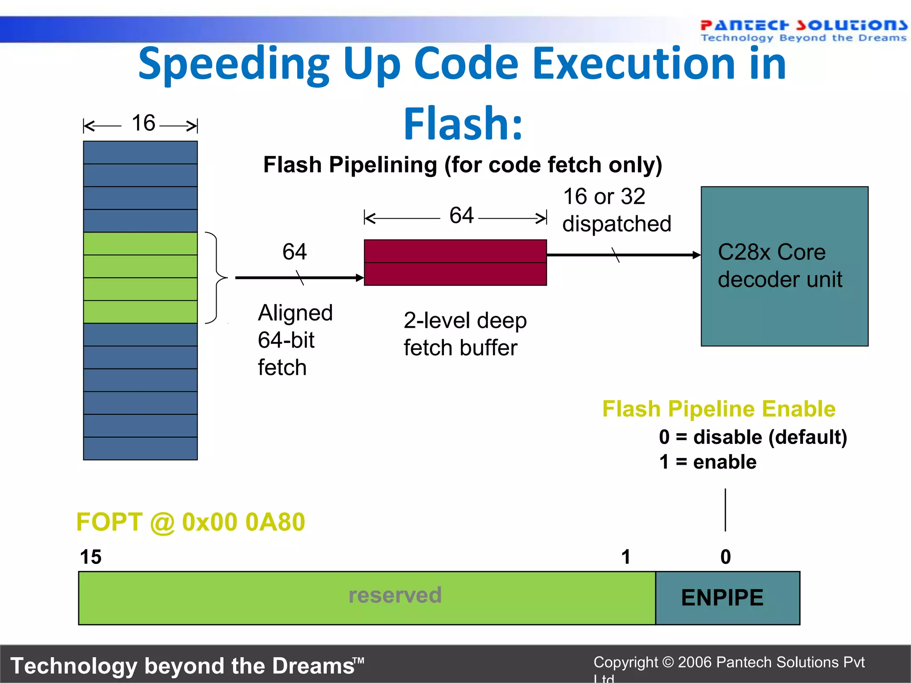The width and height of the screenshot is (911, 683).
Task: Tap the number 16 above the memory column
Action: point(143,123)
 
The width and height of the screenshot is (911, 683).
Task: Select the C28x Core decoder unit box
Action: point(784,266)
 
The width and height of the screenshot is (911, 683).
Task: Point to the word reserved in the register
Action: point(395,595)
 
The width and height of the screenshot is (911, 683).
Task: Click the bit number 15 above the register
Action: point(91,557)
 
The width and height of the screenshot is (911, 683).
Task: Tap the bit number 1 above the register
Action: point(626,557)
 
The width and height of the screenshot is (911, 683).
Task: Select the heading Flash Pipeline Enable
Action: point(718,409)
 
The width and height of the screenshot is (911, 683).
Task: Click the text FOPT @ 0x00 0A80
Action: point(191,522)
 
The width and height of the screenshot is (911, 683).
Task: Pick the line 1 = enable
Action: point(708,462)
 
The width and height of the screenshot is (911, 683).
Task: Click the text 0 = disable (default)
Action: point(753,437)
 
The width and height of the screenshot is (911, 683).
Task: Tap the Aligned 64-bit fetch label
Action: point(294,340)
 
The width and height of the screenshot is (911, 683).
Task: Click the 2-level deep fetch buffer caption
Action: point(464,334)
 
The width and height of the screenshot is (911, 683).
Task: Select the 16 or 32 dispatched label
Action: point(616,210)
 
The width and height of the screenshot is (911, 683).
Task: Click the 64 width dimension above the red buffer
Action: point(461,216)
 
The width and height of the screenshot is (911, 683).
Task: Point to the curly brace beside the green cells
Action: point(216,277)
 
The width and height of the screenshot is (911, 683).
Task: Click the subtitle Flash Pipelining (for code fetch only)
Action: point(463,165)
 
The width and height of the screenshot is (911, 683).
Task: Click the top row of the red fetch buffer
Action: point(455,251)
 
